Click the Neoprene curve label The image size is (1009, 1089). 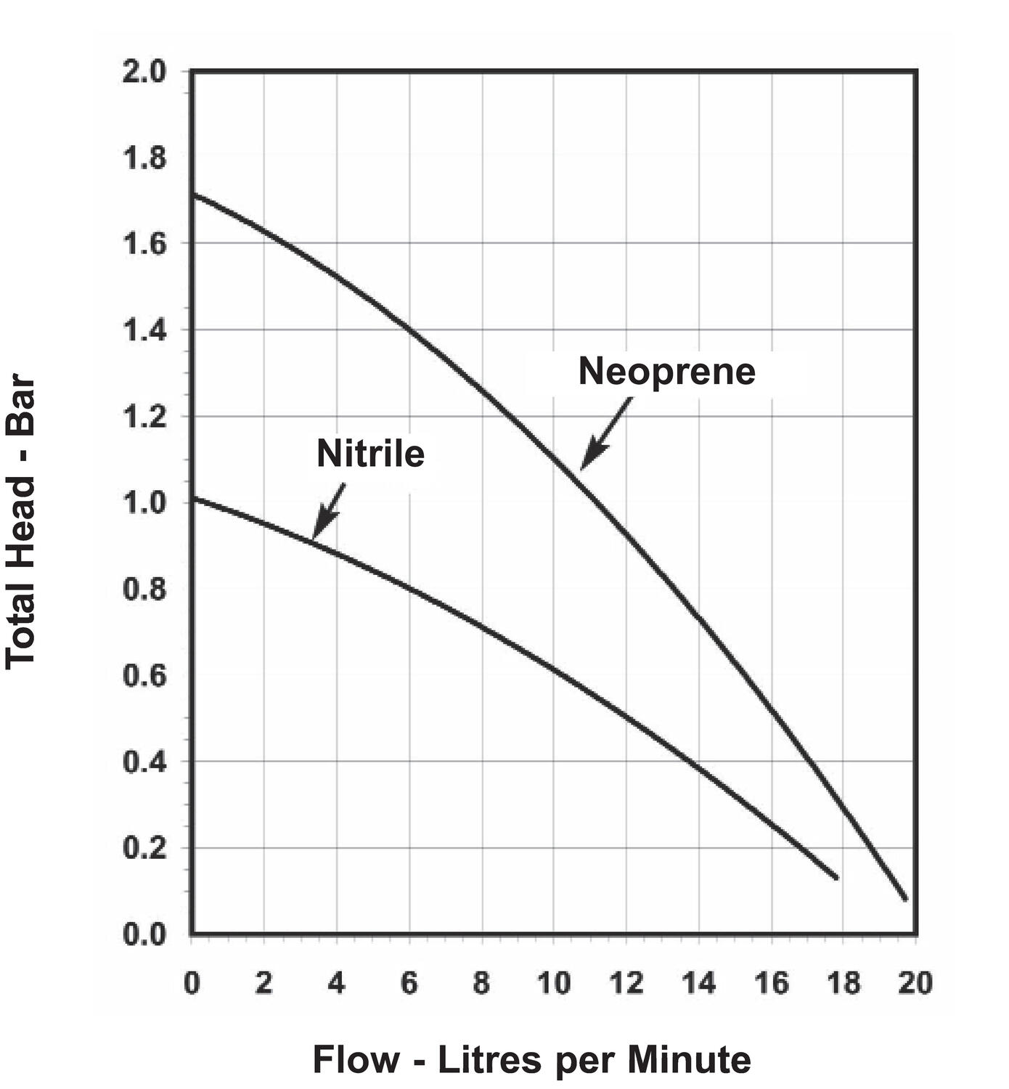point(666,372)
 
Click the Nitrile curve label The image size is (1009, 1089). point(370,454)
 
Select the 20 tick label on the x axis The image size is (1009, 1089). point(915,984)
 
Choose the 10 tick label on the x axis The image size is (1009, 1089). point(554,984)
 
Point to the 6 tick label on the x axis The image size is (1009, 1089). point(409,984)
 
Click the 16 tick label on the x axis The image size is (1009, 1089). point(772,984)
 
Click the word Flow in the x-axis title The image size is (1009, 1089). point(356,1059)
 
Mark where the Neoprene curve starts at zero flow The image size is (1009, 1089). point(192,195)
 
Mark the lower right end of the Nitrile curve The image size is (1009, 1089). point(836,878)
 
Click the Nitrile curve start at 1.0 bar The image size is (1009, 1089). point(192,498)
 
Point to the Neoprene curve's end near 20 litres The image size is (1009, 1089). point(905,899)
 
